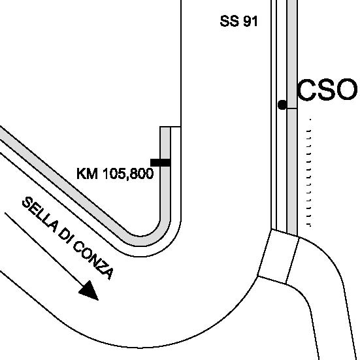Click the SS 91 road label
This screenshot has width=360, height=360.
238,21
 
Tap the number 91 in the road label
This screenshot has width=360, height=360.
250,21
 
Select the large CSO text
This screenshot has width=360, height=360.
327,90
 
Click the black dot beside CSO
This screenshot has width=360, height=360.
282,105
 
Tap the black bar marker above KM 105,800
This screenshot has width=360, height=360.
161,163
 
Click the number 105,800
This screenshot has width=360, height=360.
128,174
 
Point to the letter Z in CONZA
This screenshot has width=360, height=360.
102,269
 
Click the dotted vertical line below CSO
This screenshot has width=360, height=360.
309,172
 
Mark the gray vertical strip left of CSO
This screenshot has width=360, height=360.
292,117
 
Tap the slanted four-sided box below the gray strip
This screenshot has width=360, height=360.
278,257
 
